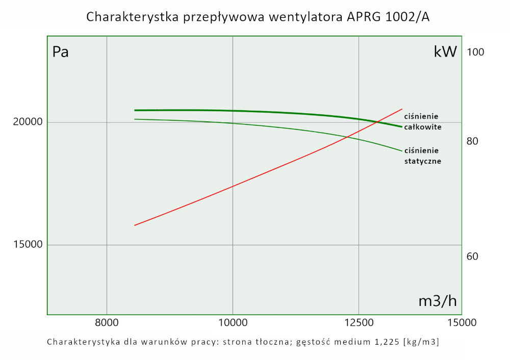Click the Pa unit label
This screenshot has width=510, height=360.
tap(60, 52)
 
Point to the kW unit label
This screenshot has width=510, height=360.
tap(445, 52)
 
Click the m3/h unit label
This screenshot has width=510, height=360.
tap(437, 301)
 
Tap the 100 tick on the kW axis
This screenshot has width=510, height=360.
tap(475, 52)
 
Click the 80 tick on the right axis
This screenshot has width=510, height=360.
tap(472, 141)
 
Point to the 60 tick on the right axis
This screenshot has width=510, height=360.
tap(472, 256)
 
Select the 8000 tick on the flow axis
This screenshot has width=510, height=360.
tap(107, 322)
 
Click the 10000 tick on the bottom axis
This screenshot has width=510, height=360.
tap(233, 322)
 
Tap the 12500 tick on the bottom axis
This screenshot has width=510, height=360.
tap(359, 322)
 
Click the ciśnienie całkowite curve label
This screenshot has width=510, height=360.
tap(422, 121)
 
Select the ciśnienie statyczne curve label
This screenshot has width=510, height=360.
tap(422, 156)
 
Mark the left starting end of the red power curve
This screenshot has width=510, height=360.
tap(135, 225)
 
